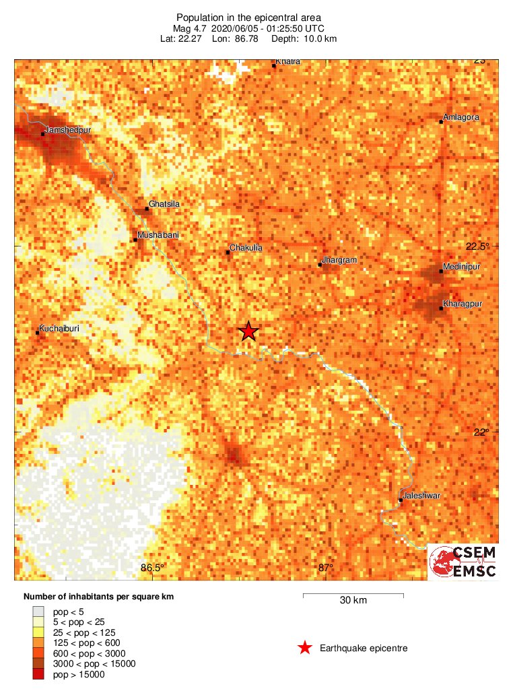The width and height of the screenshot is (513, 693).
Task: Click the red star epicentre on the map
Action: pyautogui.click(x=248, y=331)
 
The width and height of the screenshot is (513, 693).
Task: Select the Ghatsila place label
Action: pyautogui.click(x=165, y=203)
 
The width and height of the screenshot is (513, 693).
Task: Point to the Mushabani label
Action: pyautogui.click(x=158, y=235)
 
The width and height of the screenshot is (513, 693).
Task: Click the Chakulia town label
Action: pyautogui.click(x=246, y=248)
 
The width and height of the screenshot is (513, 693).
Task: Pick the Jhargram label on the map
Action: pyautogui.click(x=339, y=259)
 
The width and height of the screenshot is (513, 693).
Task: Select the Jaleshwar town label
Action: pyautogui.click(x=421, y=496)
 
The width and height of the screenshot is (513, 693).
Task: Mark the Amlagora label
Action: pyautogui.click(x=461, y=117)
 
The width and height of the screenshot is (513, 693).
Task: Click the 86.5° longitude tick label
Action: pyautogui.click(x=153, y=568)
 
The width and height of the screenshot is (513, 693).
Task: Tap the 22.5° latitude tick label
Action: pyautogui.click(x=480, y=246)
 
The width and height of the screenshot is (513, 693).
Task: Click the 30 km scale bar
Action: pyautogui.click(x=353, y=595)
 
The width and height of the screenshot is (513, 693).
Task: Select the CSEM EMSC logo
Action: pyautogui.click(x=463, y=562)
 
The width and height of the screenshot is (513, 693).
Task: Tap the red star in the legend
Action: pyautogui.click(x=305, y=648)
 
